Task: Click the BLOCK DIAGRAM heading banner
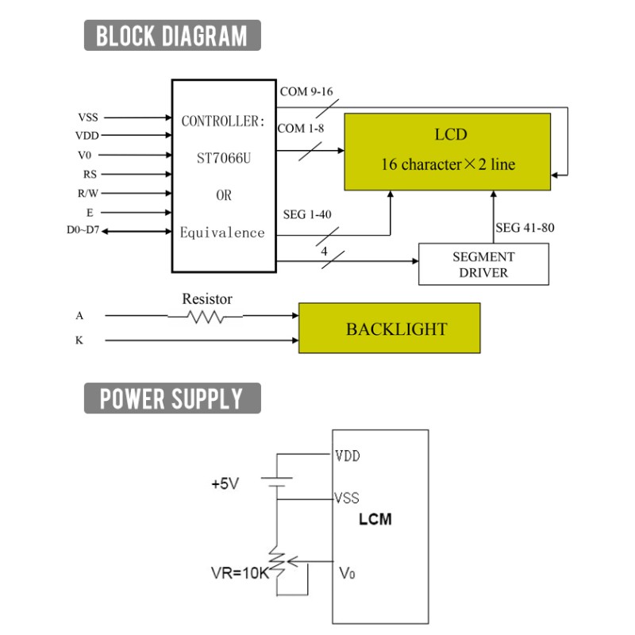coord(172,35)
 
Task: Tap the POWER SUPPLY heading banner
coord(172,398)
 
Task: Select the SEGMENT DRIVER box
coord(483,264)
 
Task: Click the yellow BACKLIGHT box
coord(390,328)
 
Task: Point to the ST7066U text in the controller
coord(224,158)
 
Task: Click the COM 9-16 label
coord(306,91)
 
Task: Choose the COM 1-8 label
coord(301,129)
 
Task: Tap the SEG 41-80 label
coord(525,228)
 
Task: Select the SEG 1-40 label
coord(307,214)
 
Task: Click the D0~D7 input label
coord(83,230)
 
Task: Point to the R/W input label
coord(88,193)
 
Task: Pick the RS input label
coord(90,174)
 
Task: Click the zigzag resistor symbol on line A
coord(206,317)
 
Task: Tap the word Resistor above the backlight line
coord(207,299)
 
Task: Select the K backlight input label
coord(79,341)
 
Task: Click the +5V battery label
coord(225,483)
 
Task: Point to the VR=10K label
coord(240,572)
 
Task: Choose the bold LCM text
coord(375,519)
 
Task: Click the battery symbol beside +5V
coord(277,482)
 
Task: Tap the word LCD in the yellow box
coord(451,134)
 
